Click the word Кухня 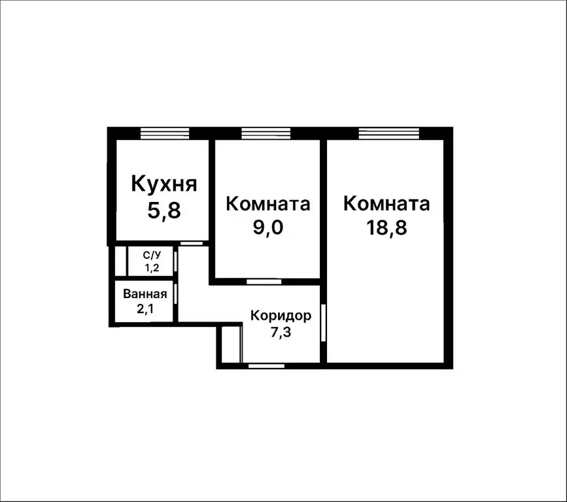(164, 184)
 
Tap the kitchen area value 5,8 (164, 210)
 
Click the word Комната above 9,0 (267, 204)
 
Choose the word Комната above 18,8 (387, 204)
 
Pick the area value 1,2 (143, 267)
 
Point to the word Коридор (281, 316)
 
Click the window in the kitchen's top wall (165, 133)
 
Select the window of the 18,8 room (388, 133)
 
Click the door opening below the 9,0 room (264, 282)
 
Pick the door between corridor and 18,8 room (324, 322)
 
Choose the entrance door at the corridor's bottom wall (266, 365)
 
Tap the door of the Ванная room (177, 293)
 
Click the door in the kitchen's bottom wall (192, 243)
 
